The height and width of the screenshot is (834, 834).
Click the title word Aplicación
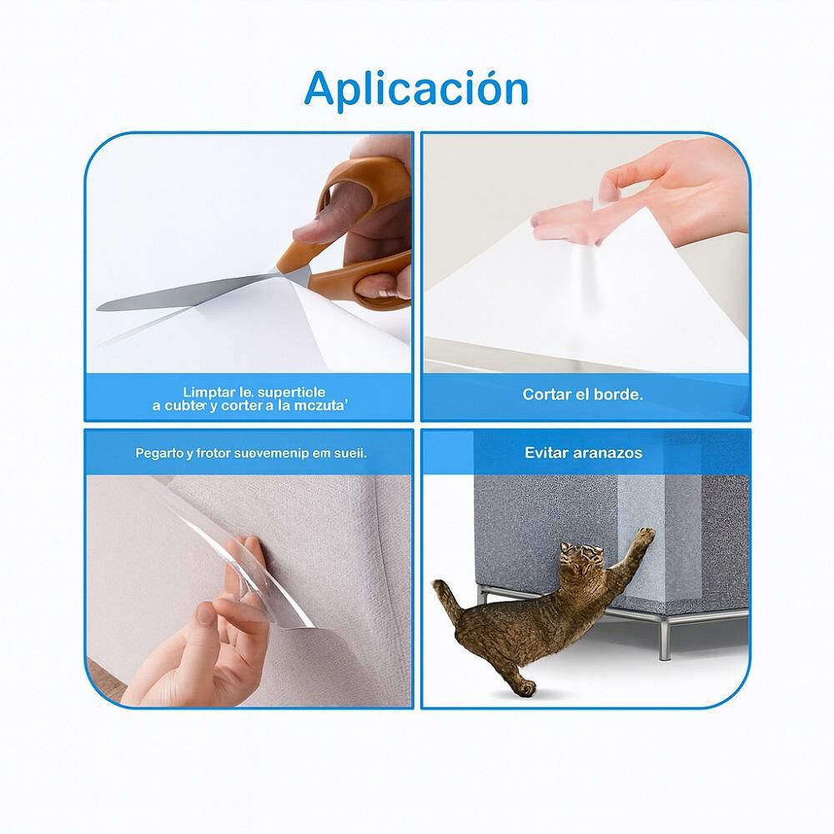[416, 88]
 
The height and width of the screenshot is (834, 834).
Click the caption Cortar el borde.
[582, 394]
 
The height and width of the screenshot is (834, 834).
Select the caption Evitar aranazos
[583, 453]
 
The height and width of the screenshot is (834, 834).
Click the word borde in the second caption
[618, 394]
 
